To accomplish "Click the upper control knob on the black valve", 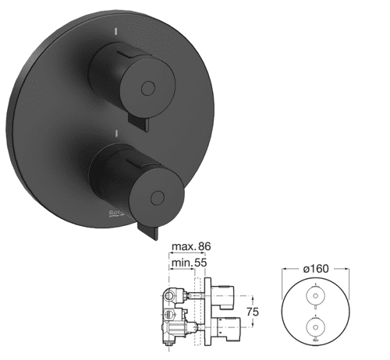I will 133,74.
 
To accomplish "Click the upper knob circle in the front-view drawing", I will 314,298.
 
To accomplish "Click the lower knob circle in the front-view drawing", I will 314,326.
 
